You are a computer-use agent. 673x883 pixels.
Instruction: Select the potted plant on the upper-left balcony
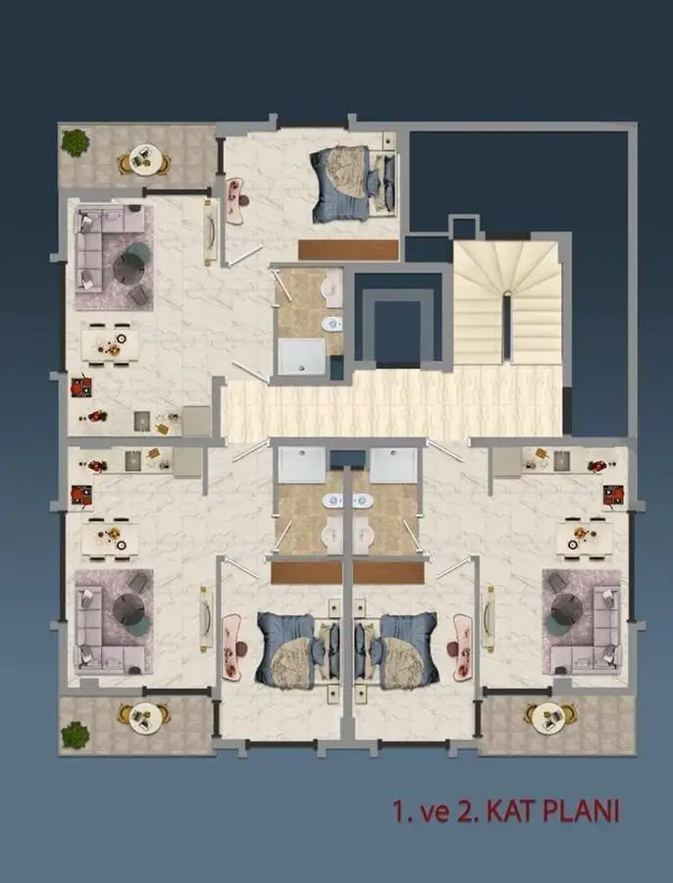pos(76,143)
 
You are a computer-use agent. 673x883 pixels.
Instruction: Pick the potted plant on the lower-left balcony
pos(76,734)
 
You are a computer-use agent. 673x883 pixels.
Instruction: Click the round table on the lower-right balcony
pos(544,717)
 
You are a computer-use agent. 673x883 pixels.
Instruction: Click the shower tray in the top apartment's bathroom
pos(301,357)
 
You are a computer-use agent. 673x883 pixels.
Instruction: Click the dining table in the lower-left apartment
pos(110,537)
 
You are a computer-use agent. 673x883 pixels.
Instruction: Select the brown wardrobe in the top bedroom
pos(348,250)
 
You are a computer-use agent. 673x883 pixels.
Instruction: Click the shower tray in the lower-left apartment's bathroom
pos(300,465)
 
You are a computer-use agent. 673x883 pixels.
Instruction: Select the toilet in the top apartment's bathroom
pos(332,324)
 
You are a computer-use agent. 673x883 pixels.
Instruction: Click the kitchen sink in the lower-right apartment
pos(561,459)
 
